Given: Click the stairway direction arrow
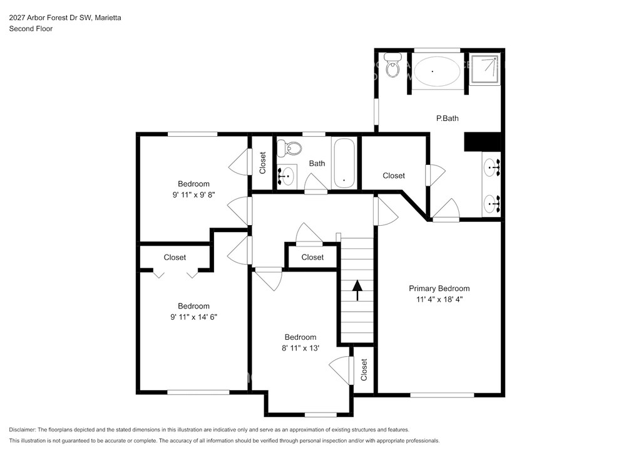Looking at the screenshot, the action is (357, 288).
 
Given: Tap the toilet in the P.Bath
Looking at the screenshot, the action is (393, 66).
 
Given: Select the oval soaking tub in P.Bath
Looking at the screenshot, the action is (436, 71).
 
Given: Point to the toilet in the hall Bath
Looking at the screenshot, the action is (290, 149).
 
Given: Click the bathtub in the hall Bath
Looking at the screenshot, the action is (344, 163).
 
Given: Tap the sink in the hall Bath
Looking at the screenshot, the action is (288, 175).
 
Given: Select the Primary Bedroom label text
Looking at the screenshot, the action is (439, 288).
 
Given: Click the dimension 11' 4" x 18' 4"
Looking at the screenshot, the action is (439, 299).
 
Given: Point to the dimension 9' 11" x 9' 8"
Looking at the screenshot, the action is (193, 194).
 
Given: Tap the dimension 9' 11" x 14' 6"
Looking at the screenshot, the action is (193, 317).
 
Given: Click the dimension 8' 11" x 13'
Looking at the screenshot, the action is (300, 347).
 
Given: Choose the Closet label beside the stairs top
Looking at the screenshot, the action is (312, 257).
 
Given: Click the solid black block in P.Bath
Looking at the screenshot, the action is (483, 142).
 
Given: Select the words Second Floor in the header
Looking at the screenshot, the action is (31, 28).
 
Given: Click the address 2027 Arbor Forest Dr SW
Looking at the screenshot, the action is (49, 18).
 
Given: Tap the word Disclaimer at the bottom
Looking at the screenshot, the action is (23, 430).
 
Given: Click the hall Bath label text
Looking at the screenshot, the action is (317, 164).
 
